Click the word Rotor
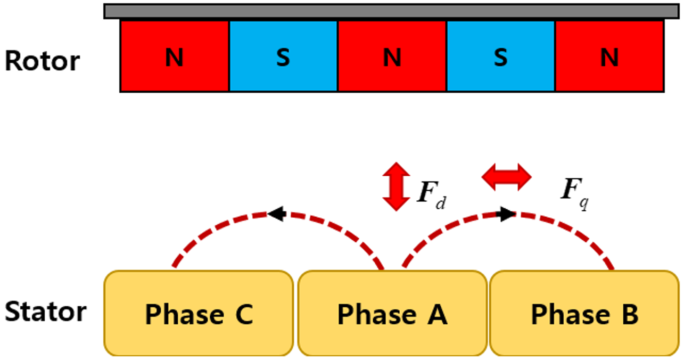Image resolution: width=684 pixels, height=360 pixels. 42,61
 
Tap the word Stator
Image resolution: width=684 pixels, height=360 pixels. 45,312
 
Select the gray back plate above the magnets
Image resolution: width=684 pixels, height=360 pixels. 391,11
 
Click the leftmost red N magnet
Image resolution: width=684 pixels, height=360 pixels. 175,56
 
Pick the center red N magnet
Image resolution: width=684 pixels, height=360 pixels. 392,56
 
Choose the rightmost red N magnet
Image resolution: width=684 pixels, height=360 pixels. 609,56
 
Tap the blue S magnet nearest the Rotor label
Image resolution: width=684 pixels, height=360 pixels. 283,56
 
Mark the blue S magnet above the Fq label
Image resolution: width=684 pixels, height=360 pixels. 500,56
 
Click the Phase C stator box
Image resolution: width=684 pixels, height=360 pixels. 199,313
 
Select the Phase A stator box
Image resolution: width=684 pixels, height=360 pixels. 392,313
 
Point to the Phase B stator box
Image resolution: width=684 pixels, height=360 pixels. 584,313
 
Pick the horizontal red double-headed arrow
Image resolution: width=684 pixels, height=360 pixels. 506,177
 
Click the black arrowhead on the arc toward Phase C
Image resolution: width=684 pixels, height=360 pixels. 276,214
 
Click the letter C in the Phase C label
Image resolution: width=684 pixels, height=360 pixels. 243,314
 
